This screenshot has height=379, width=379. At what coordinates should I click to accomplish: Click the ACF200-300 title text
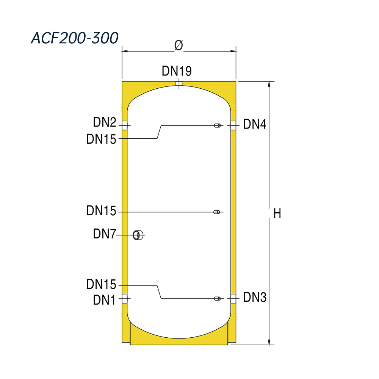[x=74, y=38]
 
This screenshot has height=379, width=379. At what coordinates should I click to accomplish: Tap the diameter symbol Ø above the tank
[x=179, y=45]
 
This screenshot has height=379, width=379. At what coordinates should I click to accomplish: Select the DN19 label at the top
[x=177, y=71]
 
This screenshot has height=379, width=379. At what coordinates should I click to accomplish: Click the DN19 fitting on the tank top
[x=179, y=84]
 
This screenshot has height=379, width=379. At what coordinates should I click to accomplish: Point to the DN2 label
[x=105, y=122]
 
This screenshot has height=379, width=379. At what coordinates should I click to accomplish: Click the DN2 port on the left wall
[x=124, y=126]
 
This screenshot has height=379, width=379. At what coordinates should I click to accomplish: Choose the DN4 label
[x=255, y=124]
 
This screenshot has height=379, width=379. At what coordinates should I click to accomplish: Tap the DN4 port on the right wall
[x=233, y=126]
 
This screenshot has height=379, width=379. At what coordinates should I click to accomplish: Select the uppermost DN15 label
[x=101, y=139]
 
